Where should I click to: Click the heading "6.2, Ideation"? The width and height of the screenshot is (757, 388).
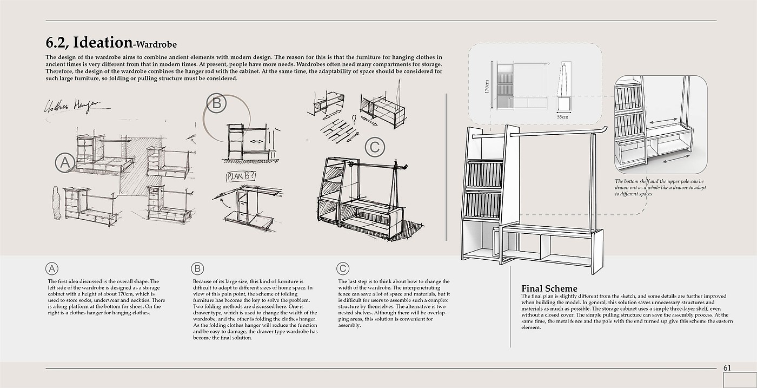pos(89,43)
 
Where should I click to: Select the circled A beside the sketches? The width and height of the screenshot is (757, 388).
pos(65,162)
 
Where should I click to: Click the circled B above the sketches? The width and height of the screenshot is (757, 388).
pos(217,103)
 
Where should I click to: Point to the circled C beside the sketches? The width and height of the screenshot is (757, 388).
pos(375,147)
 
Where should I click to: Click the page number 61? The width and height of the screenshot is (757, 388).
pos(727,368)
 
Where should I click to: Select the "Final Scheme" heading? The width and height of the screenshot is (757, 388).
pos(549,288)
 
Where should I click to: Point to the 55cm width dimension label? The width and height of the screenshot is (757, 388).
pos(562,116)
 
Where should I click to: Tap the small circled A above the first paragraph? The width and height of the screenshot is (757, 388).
pos(52,268)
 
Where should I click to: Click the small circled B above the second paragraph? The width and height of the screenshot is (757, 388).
pos(197,268)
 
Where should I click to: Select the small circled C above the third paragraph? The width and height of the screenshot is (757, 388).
pos(342,268)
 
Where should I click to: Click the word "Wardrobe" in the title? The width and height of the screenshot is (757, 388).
pos(157,44)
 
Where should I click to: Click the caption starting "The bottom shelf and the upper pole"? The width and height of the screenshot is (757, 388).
pos(660,187)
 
